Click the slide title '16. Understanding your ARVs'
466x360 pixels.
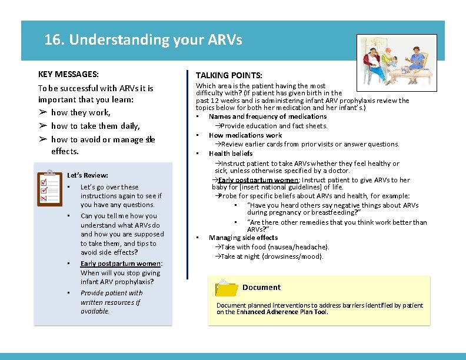pyautogui.click(x=143, y=40)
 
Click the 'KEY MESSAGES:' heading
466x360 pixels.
pyautogui.click(x=68, y=74)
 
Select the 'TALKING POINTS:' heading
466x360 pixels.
pyautogui.click(x=229, y=75)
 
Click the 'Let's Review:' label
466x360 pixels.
pyautogui.click(x=88, y=175)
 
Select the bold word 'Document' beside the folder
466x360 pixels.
pyautogui.click(x=261, y=288)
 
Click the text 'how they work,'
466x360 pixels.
pyautogui.click(x=81, y=112)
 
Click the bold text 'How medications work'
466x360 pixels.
pyautogui.click(x=245, y=135)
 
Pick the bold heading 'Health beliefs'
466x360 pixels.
pyautogui.click(x=231, y=154)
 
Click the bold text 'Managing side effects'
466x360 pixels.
pyautogui.click(x=243, y=238)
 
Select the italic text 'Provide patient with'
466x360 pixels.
pyautogui.click(x=111, y=293)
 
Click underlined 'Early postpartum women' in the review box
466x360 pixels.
pyautogui.click(x=121, y=264)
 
